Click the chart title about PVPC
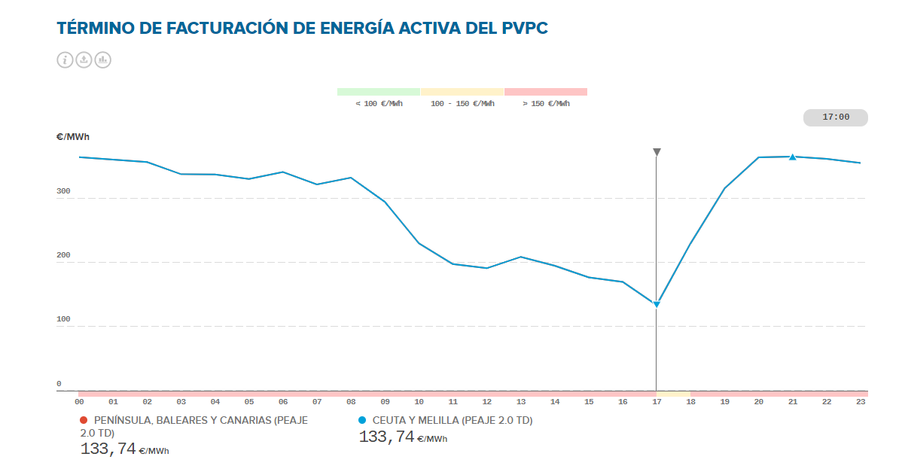(302, 29)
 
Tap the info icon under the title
(65, 60)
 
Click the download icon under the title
(84, 60)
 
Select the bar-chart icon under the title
(102, 60)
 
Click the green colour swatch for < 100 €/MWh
(378, 92)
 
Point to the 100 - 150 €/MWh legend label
(462, 104)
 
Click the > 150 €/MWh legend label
(546, 104)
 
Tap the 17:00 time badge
(836, 117)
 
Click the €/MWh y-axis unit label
(73, 137)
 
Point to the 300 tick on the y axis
(63, 191)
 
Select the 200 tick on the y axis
(63, 255)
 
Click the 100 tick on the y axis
(63, 319)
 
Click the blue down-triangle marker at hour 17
(657, 304)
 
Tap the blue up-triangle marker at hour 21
(792, 157)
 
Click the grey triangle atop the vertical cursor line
(657, 152)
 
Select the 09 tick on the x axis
(385, 402)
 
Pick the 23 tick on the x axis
(861, 402)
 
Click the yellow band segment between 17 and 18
(673, 393)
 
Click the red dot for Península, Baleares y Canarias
(84, 420)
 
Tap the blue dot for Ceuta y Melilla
(362, 420)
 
